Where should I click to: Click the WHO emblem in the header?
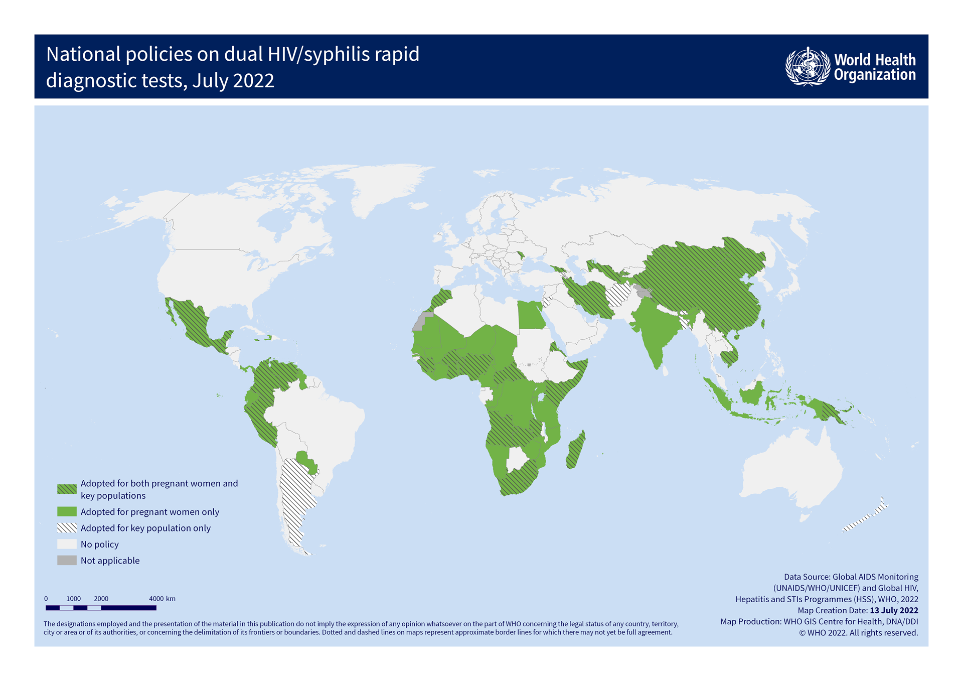(808, 67)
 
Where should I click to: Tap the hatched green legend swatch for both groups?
(67, 489)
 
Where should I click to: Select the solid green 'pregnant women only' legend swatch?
(67, 512)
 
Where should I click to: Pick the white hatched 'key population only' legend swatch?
(67, 528)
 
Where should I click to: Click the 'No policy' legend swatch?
(67, 544)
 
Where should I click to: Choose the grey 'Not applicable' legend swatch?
(67, 561)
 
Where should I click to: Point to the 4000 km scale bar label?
(162, 599)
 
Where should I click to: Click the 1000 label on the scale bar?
(73, 599)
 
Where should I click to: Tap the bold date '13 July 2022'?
(894, 610)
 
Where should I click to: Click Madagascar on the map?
(575, 451)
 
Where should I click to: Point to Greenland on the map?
(381, 186)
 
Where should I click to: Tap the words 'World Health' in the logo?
(875, 60)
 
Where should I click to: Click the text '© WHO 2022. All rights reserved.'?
(859, 633)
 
